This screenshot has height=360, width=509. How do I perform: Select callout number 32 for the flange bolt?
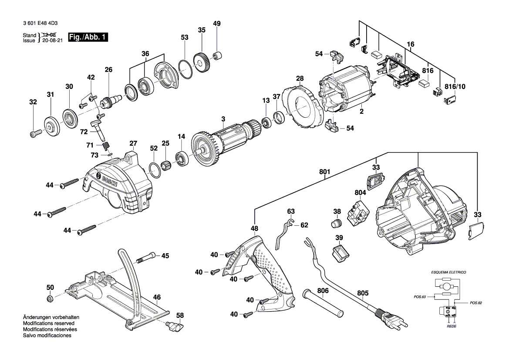(33, 102)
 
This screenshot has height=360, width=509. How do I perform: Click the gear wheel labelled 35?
(201, 61)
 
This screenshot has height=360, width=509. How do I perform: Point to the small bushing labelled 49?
(217, 56)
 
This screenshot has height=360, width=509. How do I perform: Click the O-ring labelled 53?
(185, 69)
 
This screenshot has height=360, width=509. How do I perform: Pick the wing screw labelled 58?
(175, 325)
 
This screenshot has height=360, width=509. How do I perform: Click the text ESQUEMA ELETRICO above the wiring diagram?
(448, 272)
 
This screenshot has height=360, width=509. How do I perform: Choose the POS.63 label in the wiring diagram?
(419, 297)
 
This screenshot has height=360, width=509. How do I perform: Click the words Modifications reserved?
(48, 324)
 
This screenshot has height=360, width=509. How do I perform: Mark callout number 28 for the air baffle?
(299, 78)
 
